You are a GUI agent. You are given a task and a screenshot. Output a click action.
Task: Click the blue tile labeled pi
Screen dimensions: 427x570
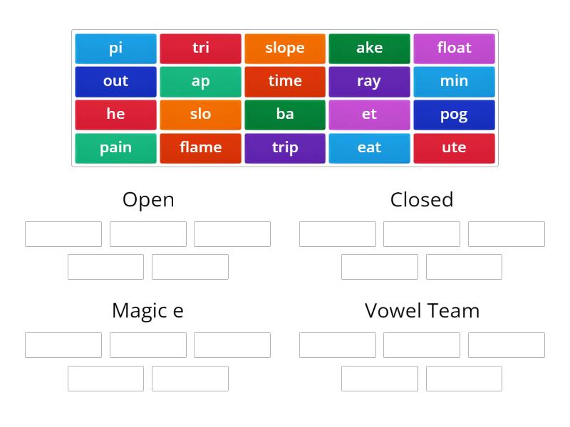click(x=115, y=48)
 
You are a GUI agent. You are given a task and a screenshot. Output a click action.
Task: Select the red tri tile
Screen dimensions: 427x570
click(x=200, y=48)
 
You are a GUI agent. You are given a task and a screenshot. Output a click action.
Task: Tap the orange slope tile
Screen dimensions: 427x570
click(x=285, y=48)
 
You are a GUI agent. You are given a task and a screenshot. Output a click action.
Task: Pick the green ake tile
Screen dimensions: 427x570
click(x=369, y=48)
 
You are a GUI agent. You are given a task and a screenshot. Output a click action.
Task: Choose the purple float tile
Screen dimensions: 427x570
click(x=454, y=48)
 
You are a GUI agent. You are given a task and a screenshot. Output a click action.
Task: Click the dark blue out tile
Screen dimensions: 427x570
click(x=115, y=81)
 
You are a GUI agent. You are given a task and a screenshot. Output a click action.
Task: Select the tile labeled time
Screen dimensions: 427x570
click(x=285, y=81)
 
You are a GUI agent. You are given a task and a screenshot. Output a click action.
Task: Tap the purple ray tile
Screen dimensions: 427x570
click(x=369, y=81)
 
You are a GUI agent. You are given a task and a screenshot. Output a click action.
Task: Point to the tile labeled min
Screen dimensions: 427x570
click(x=454, y=81)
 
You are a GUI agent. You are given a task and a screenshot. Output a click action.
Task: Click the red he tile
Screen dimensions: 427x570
click(x=115, y=115)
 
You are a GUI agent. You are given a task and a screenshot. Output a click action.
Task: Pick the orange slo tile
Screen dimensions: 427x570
click(x=200, y=115)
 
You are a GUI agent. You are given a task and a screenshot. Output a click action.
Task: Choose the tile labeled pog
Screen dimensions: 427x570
click(x=454, y=115)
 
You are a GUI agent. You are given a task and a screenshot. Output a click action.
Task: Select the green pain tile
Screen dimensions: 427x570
click(x=115, y=148)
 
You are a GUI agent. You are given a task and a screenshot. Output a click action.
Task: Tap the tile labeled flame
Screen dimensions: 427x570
click(x=200, y=148)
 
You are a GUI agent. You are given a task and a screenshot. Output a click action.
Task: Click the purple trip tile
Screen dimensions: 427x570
click(x=285, y=148)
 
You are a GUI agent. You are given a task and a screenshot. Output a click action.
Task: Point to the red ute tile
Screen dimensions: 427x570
click(x=454, y=148)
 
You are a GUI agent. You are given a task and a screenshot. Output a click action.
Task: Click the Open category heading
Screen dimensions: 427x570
click(x=148, y=200)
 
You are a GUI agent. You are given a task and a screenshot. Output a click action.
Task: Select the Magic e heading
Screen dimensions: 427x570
click(x=147, y=311)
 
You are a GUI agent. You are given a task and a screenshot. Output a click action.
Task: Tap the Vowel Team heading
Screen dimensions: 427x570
click(x=422, y=311)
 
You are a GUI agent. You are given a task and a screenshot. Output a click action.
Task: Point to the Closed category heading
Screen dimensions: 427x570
click(x=422, y=200)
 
